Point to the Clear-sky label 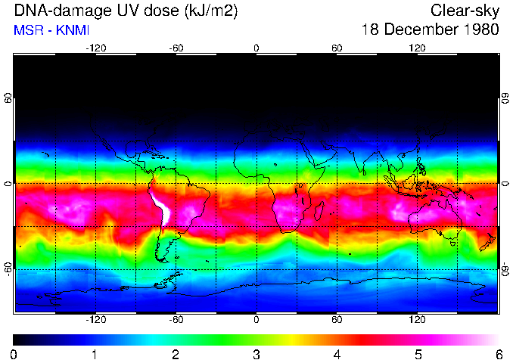tap(465, 11)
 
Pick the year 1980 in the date tap(482, 30)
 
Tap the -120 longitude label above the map tap(95, 48)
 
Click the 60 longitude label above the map tap(337, 48)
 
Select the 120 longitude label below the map tap(417, 319)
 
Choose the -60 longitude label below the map tap(176, 319)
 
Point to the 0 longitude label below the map tap(256, 319)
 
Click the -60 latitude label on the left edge tap(8, 268)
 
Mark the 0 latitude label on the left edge tap(8, 184)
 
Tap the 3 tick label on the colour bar tap(256, 354)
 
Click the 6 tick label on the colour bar tap(499, 354)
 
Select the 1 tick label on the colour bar tap(95, 354)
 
